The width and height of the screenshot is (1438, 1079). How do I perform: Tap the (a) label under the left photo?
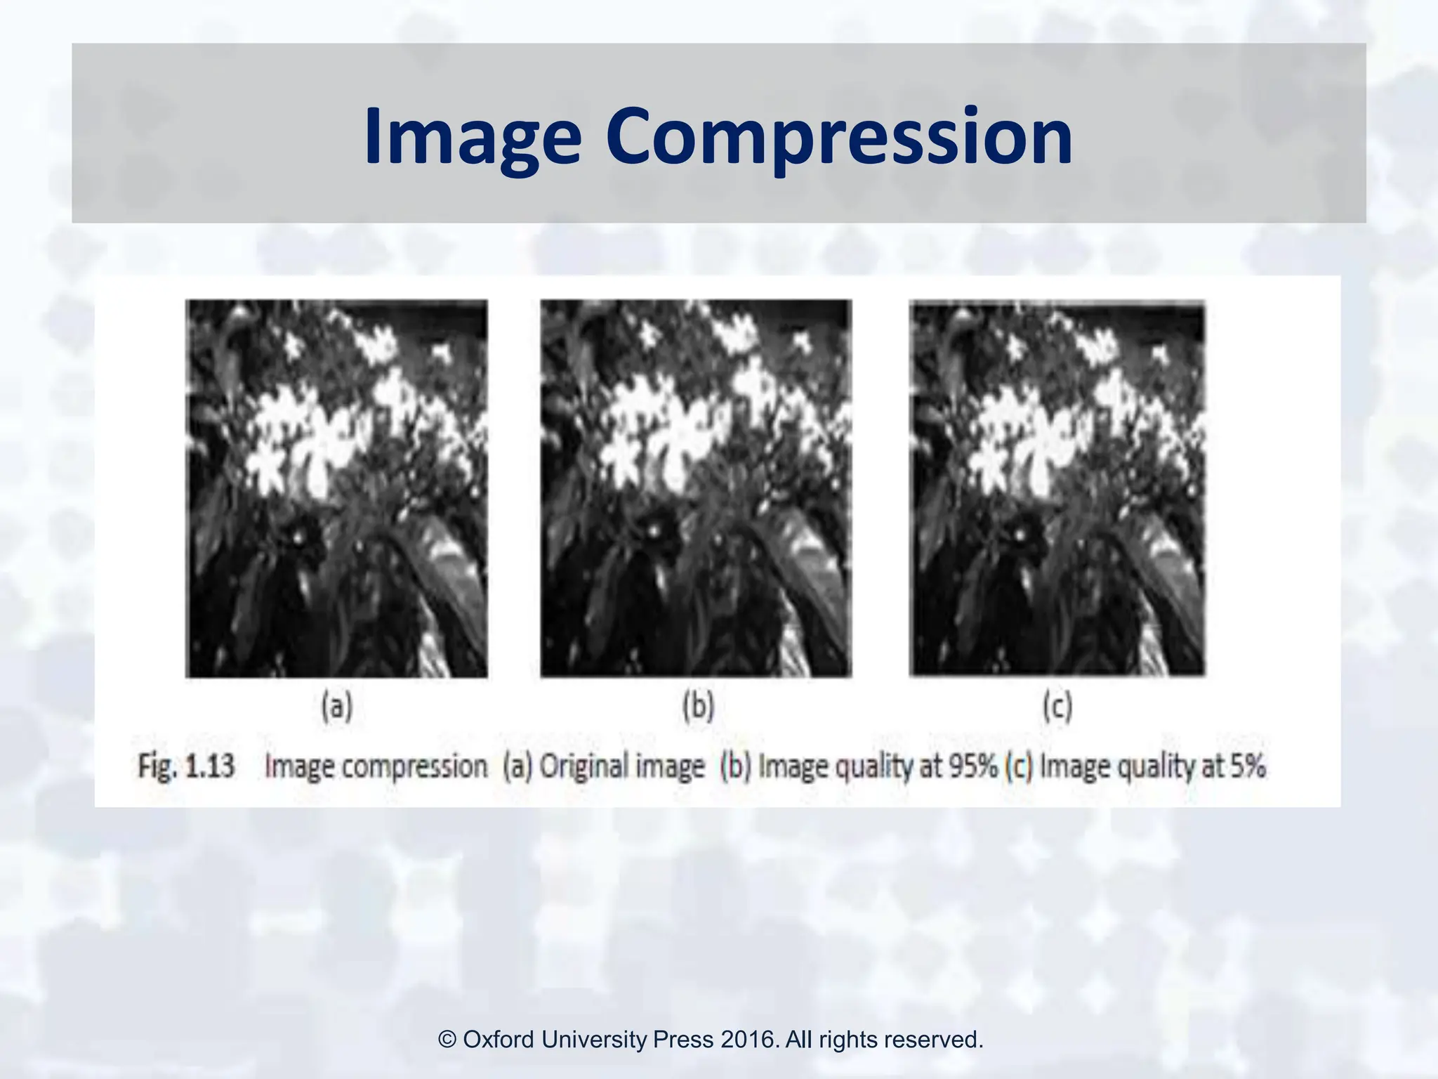point(336,706)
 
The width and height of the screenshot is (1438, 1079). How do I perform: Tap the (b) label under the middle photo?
point(698,706)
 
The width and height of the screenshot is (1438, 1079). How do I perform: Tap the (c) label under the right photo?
point(1057,706)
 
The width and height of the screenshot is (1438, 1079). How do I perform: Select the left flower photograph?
point(336,488)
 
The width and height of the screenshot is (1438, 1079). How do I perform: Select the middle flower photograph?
point(696,488)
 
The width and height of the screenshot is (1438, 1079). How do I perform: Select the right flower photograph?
point(1057,488)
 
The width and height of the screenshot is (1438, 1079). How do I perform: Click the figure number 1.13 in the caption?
point(209,766)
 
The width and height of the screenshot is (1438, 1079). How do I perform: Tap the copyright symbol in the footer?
point(447,1039)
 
